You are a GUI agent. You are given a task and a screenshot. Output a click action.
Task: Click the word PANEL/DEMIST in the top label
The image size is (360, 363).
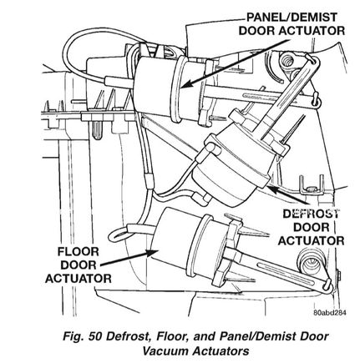(292, 18)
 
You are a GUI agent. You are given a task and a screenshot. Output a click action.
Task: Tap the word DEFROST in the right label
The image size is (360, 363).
(311, 214)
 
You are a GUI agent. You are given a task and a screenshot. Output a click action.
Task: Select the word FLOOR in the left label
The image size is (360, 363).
(79, 252)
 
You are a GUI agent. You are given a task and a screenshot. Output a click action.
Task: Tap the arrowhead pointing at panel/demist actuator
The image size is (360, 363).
(186, 83)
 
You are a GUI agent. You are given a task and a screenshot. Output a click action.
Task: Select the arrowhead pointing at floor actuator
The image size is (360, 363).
(151, 253)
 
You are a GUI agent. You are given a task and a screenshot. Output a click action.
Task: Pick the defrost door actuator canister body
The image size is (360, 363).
(231, 169)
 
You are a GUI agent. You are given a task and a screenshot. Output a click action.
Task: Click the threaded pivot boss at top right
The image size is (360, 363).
(286, 62)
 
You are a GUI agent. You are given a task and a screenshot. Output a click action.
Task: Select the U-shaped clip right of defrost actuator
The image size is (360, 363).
(312, 184)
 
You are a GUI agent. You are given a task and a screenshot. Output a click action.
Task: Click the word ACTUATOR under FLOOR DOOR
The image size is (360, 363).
(79, 279)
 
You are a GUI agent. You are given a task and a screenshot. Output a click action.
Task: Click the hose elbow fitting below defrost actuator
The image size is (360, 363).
(201, 198)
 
